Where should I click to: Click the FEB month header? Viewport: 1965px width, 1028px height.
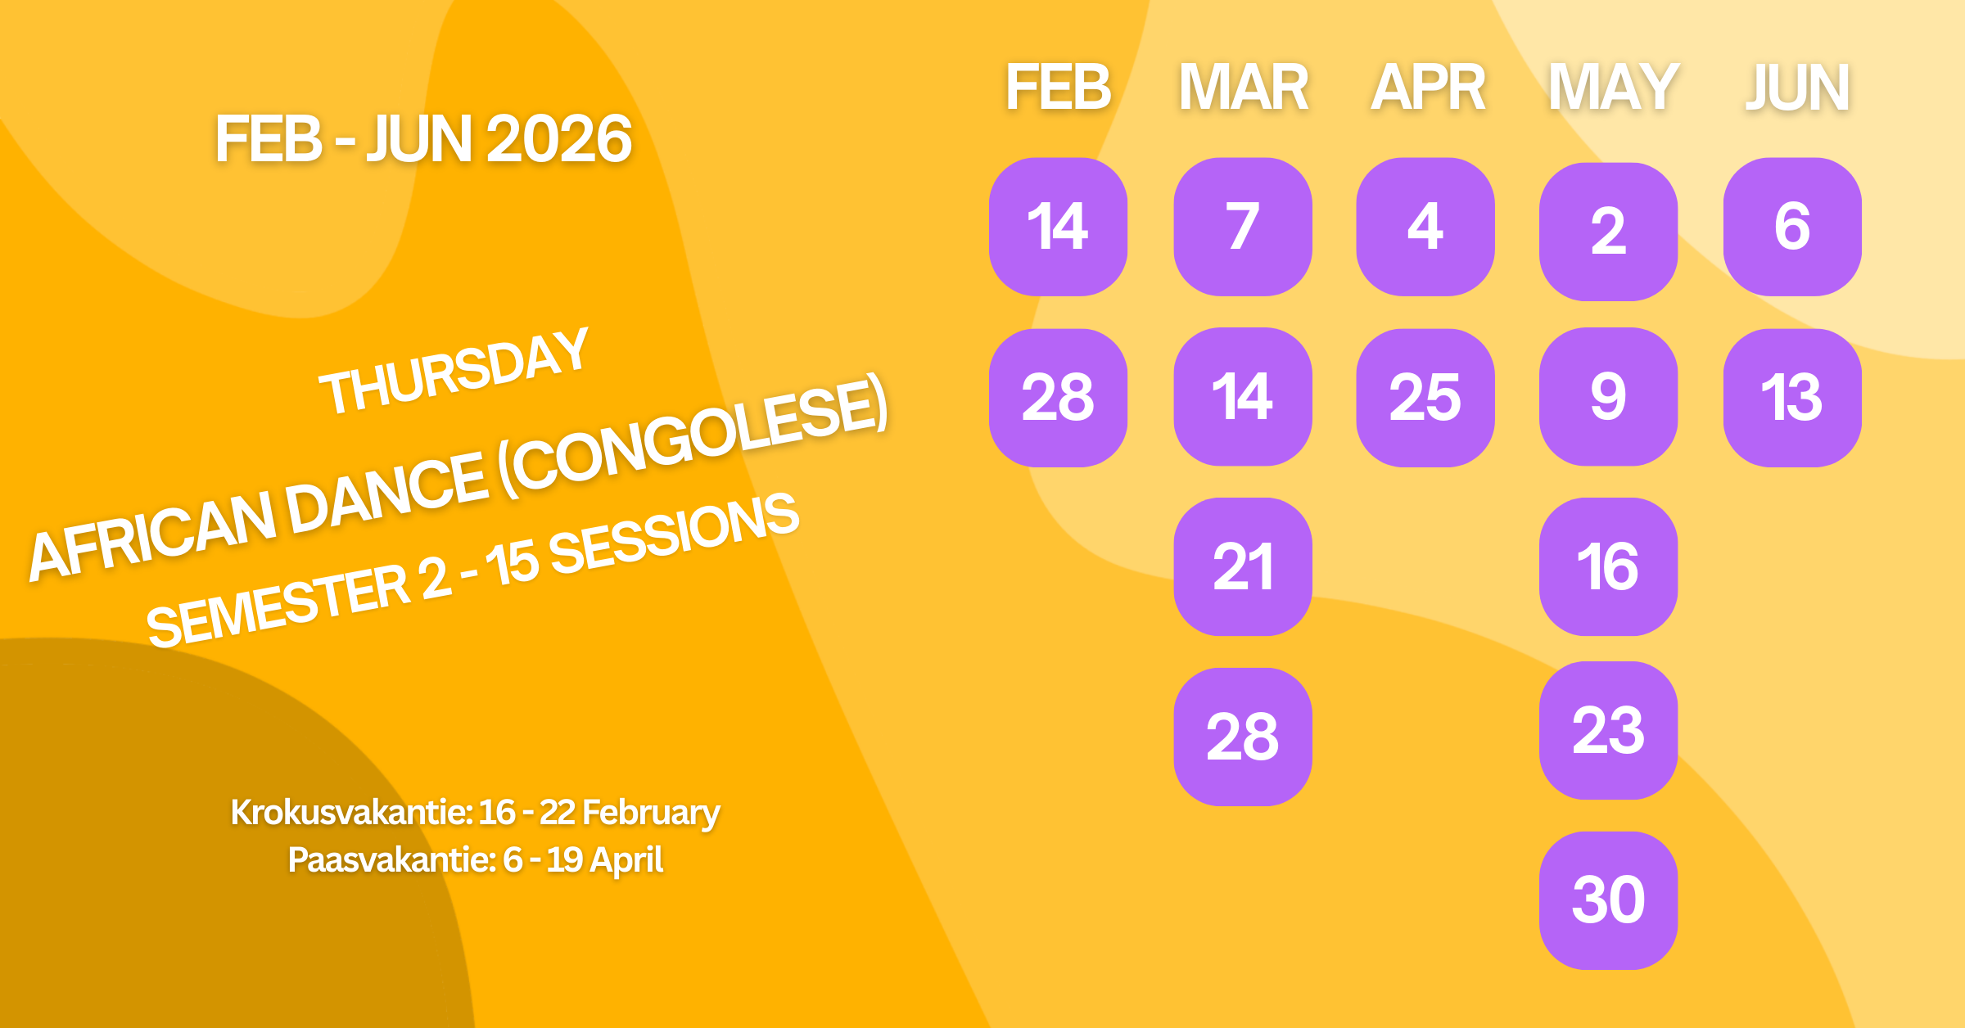coord(1058,87)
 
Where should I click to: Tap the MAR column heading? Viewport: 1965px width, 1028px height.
coord(1243,87)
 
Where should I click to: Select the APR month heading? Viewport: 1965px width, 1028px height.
coord(1428,87)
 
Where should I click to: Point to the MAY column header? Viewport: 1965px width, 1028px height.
coord(1613,87)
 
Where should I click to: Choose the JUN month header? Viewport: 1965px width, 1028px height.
coord(1797,87)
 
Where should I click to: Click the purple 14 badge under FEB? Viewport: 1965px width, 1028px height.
coord(1058,227)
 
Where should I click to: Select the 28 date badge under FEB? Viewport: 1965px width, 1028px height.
coord(1058,398)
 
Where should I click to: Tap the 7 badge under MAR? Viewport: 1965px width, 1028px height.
coord(1243,227)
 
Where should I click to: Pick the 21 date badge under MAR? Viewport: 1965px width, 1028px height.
coord(1243,566)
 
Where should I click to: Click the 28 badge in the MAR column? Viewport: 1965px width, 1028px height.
coord(1243,737)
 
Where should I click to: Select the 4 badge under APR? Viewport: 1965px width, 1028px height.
coord(1425,227)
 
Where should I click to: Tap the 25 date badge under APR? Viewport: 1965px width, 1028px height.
coord(1425,398)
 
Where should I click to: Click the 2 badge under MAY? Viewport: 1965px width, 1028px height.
coord(1608,232)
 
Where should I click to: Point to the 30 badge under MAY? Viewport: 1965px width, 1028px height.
coord(1608,900)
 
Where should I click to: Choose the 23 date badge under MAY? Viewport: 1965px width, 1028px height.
coord(1608,730)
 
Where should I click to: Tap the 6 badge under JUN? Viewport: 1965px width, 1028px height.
coord(1792,227)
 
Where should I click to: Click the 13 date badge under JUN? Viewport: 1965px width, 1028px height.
coord(1792,398)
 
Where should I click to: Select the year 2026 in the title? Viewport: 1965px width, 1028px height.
coord(559,139)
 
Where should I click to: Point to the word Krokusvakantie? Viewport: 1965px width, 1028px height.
coord(351,813)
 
